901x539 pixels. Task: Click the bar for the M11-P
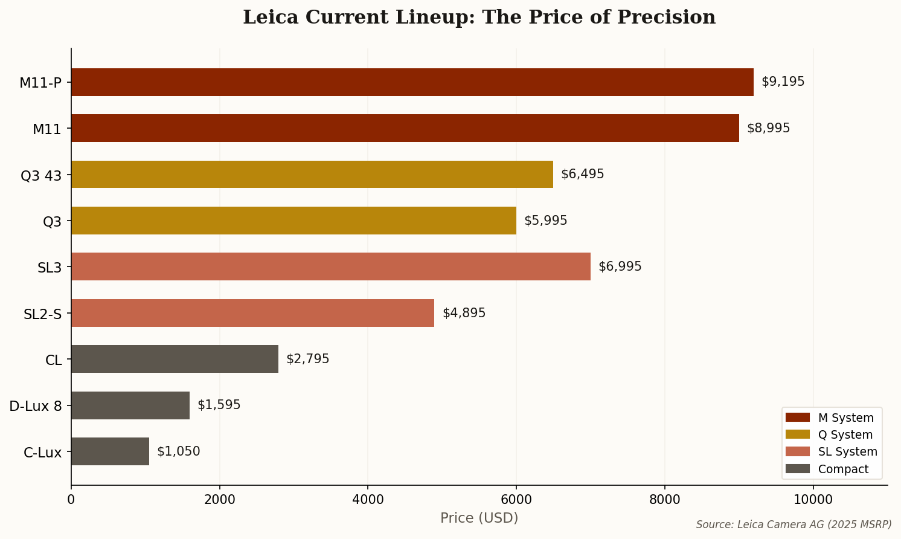click(x=412, y=82)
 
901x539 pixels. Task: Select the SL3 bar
click(x=331, y=266)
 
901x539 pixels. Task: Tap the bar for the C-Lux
click(x=110, y=451)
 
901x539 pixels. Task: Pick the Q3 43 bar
click(x=312, y=175)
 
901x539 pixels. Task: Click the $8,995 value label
click(x=768, y=128)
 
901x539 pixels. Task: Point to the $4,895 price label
click(x=464, y=313)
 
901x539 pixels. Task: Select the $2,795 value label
click(x=307, y=359)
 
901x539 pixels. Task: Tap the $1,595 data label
click(x=219, y=405)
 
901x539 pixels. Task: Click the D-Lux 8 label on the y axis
click(x=36, y=406)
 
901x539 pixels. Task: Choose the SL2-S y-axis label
click(x=43, y=314)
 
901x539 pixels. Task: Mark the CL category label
click(x=54, y=360)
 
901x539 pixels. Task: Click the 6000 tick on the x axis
click(x=516, y=500)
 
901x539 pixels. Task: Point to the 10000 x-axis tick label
click(x=813, y=500)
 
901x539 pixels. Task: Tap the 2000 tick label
click(x=220, y=500)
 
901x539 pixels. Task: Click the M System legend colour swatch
click(x=797, y=418)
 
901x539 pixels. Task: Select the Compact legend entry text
click(x=843, y=470)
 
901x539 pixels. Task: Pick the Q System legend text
click(x=845, y=435)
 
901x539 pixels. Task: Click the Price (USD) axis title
click(x=479, y=518)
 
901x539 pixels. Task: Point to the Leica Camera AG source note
click(x=794, y=524)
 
